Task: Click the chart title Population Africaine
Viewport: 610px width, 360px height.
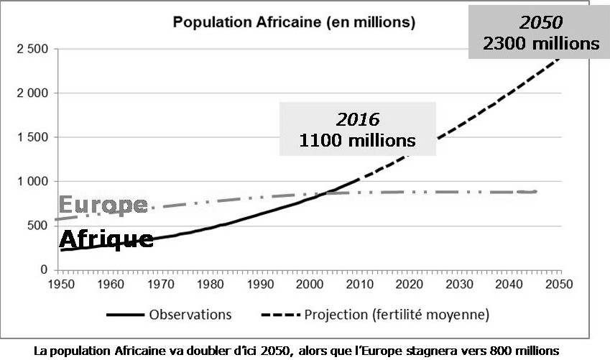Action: [294, 23]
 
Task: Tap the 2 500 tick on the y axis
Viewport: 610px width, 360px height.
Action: [31, 49]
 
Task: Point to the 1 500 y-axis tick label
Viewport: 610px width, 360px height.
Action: [31, 137]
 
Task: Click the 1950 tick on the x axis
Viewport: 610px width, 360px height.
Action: [60, 284]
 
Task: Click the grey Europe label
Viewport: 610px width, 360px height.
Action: [103, 206]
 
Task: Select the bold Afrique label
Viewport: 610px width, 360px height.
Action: [106, 239]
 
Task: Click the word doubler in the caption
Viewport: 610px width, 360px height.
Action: [211, 351]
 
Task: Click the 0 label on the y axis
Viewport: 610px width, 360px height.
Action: [44, 270]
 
